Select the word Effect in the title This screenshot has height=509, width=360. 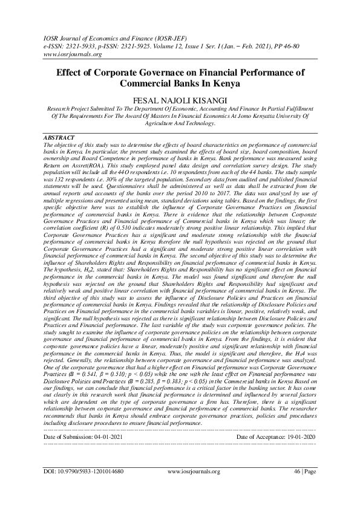(68, 72)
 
